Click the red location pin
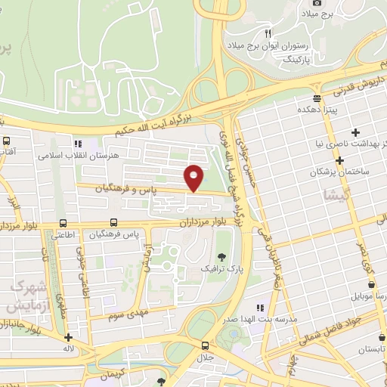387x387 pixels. tap(194, 178)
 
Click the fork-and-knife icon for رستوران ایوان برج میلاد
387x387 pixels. tap(268, 34)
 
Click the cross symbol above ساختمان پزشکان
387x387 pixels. tap(341, 160)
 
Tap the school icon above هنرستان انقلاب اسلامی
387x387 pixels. tap(76, 144)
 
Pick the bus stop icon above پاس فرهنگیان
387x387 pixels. tap(113, 223)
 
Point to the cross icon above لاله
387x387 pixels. tap(69, 339)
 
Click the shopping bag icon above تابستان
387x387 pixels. tap(370, 338)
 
